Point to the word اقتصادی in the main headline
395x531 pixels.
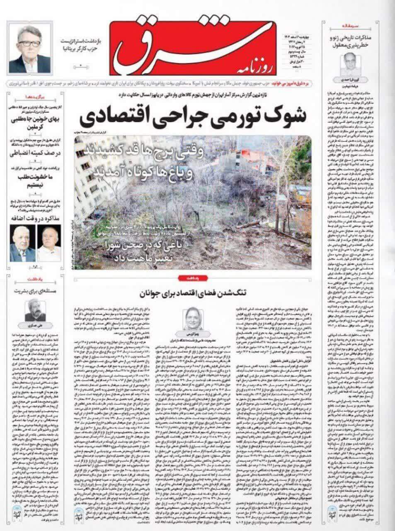(x=112, y=117)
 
